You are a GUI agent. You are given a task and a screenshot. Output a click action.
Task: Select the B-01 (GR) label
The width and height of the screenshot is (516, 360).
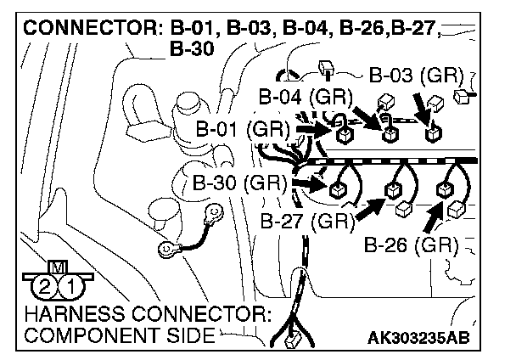242,131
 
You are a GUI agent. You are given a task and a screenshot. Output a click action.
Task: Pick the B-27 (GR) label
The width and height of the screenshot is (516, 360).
306,222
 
